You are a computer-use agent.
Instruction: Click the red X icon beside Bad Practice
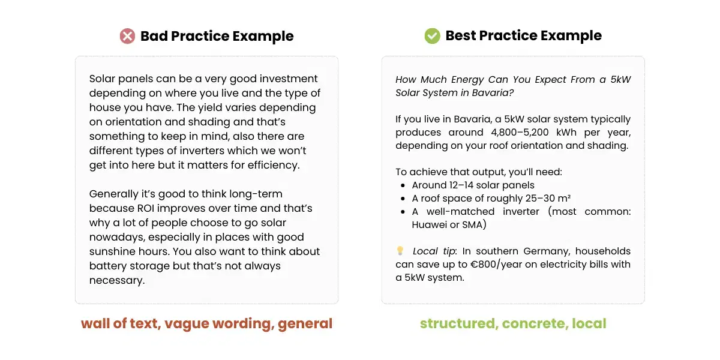pos(127,36)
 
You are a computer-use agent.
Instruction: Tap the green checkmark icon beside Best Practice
pos(432,36)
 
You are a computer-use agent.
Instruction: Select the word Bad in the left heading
pos(154,36)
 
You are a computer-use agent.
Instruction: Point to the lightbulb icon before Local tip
pos(400,251)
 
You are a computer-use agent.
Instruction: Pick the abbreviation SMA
pos(473,225)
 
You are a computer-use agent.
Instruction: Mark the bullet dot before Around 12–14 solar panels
pos(401,185)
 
